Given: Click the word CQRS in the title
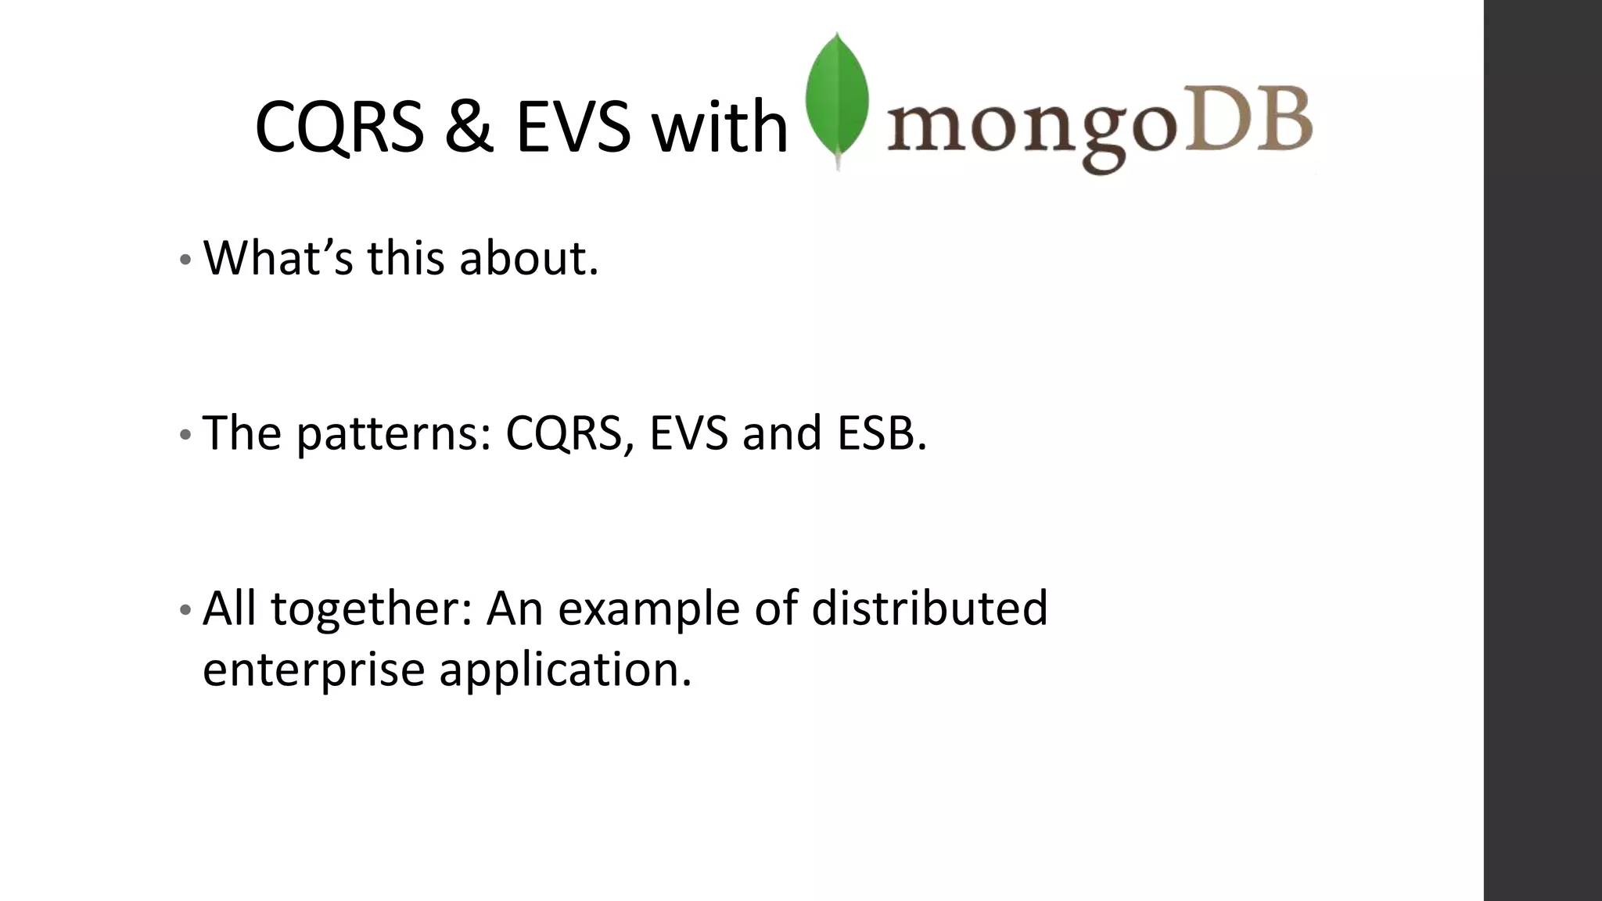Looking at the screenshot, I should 339,127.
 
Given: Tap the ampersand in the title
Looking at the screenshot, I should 469,127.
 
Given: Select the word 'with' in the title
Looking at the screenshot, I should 720,127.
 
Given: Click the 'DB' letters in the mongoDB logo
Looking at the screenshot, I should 1248,121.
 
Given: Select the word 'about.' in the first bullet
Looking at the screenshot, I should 529,257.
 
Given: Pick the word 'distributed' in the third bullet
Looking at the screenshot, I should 929,608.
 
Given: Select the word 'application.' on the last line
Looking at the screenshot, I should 565,669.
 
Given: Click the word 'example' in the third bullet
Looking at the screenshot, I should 648,608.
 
